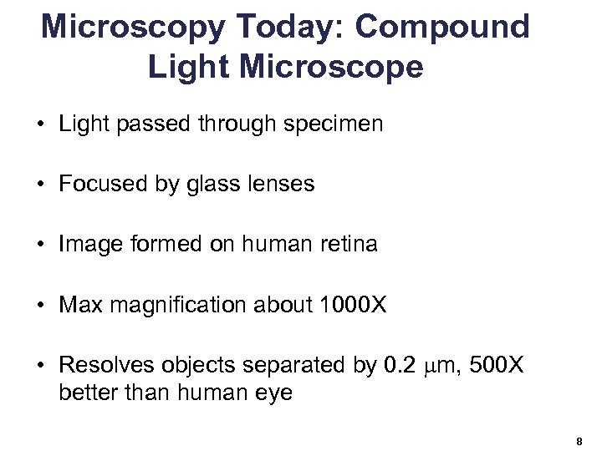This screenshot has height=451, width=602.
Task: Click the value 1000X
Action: [x=354, y=305]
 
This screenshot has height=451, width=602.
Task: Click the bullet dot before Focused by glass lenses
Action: [x=40, y=185]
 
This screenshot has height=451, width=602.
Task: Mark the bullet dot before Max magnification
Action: [x=40, y=305]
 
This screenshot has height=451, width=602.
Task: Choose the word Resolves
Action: [x=104, y=365]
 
